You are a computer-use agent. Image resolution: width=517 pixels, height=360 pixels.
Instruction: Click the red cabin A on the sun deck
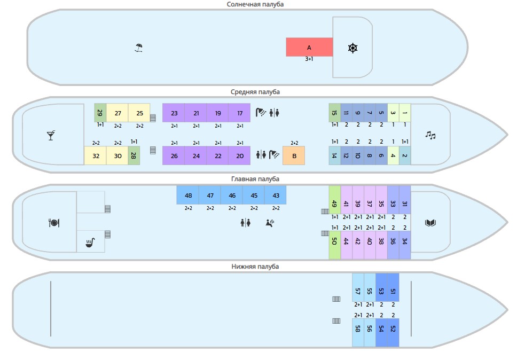tap(309, 47)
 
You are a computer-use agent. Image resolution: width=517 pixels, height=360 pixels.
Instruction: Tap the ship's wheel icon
tap(352, 48)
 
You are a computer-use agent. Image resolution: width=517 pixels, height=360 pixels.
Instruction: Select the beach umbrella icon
tap(139, 48)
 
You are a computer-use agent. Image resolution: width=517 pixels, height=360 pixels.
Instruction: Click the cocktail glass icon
tap(51, 135)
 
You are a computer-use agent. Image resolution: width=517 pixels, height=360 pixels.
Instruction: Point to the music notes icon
tap(430, 135)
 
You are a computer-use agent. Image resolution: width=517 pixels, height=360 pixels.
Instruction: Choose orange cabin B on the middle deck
tap(294, 155)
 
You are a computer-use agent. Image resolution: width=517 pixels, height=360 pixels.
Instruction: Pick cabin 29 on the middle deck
tap(100, 113)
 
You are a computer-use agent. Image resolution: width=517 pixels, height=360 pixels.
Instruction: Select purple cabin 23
tap(174, 113)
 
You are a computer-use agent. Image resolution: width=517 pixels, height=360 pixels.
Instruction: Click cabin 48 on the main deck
tap(188, 195)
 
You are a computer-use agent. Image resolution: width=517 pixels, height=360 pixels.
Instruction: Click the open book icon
tap(430, 223)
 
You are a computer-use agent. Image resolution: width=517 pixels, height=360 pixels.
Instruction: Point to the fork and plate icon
tap(53, 223)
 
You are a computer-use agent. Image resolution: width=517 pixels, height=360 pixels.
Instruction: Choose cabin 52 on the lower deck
tap(393, 329)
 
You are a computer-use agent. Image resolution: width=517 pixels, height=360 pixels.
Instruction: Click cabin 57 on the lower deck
tap(358, 291)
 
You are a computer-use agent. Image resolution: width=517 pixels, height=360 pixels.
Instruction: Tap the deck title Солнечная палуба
tap(255, 4)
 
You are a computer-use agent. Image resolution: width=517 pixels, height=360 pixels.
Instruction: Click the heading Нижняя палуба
tap(255, 266)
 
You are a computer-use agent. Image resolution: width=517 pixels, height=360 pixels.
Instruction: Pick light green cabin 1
tap(405, 113)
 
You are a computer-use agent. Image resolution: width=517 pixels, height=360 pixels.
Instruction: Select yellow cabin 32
tap(96, 155)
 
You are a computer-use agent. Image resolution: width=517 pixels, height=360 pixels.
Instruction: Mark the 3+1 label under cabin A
tap(309, 59)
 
